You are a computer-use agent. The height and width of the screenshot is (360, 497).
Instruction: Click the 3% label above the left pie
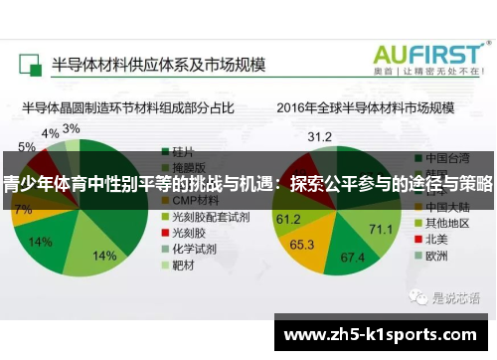tap(71, 129)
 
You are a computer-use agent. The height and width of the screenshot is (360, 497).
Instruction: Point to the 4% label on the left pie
tap(50, 134)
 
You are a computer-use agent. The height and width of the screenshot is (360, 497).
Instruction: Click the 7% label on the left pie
tap(23, 210)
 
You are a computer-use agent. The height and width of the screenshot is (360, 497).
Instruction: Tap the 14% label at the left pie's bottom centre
tap(104, 256)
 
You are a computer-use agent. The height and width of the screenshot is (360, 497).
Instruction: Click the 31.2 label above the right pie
tap(319, 135)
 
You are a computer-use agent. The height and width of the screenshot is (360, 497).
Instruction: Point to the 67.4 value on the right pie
tap(353, 258)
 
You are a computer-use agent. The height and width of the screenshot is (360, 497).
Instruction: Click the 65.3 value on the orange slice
tap(302, 244)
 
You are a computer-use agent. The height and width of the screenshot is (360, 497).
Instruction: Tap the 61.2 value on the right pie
tap(288, 218)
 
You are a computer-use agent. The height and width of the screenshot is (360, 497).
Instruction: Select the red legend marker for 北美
tap(417, 238)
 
